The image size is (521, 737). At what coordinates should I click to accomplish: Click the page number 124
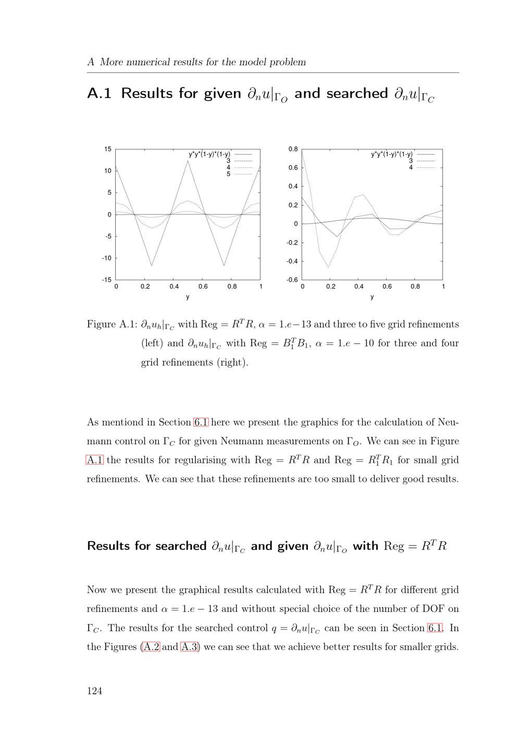(94, 691)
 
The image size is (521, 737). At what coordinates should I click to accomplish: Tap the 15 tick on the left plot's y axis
(108, 149)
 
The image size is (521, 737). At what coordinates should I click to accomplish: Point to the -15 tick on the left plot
(106, 280)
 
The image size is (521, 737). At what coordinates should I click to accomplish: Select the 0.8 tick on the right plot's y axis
(293, 149)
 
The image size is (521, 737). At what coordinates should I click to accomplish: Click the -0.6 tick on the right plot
(292, 280)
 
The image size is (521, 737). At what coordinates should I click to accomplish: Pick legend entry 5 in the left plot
(228, 174)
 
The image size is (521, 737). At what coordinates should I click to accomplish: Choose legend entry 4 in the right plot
(411, 168)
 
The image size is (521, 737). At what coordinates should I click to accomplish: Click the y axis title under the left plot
(188, 297)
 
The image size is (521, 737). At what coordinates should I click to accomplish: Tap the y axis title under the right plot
(372, 297)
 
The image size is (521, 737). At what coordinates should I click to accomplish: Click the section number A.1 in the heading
(99, 94)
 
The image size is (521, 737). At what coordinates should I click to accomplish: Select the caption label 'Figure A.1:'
(111, 324)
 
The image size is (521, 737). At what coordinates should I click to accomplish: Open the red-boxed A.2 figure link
(151, 647)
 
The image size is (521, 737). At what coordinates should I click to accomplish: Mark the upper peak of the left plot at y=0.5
(188, 160)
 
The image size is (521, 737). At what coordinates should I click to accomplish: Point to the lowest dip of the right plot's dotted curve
(328, 267)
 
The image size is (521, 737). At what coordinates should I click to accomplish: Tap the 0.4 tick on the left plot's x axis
(173, 286)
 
